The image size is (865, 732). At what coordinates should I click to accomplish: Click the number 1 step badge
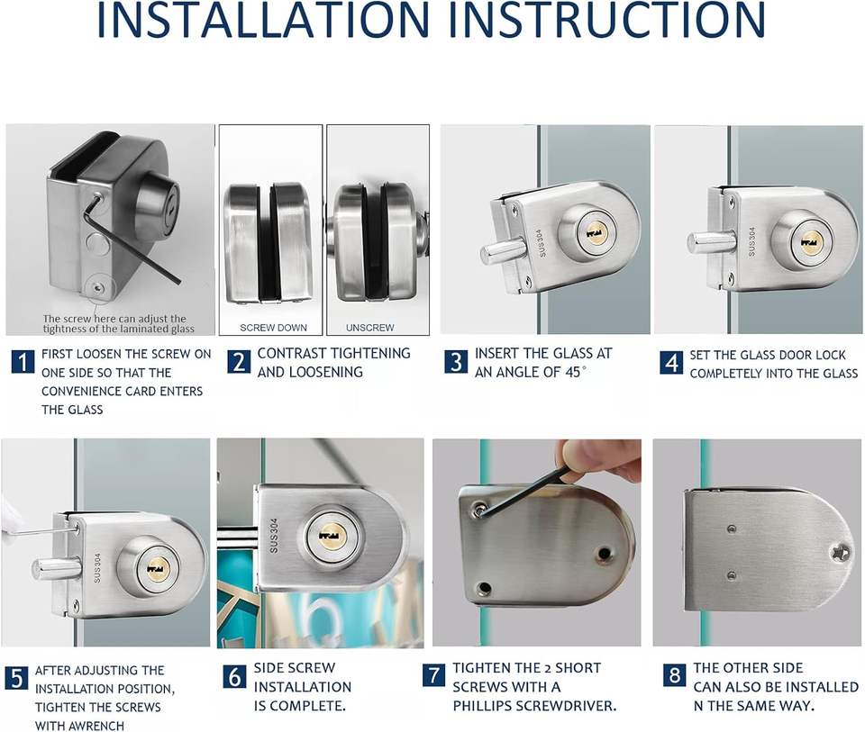point(23,362)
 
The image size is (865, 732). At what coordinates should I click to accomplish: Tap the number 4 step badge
point(671,362)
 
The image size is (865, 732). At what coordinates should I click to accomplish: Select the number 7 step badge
point(434,675)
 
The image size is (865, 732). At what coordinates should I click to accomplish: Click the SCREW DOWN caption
point(273,328)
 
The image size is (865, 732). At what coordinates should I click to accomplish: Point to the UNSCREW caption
point(369,328)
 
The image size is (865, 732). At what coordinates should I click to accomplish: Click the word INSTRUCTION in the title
point(606,19)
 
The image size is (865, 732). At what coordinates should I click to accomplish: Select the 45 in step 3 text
point(573,372)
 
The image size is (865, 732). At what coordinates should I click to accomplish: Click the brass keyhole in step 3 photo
point(594,234)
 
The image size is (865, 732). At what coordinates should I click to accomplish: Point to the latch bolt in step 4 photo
point(711,242)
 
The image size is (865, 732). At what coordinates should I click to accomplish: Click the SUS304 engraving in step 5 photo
point(97,568)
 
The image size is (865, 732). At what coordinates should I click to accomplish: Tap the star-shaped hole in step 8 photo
point(841,551)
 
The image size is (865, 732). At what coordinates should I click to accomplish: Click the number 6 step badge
point(234,676)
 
